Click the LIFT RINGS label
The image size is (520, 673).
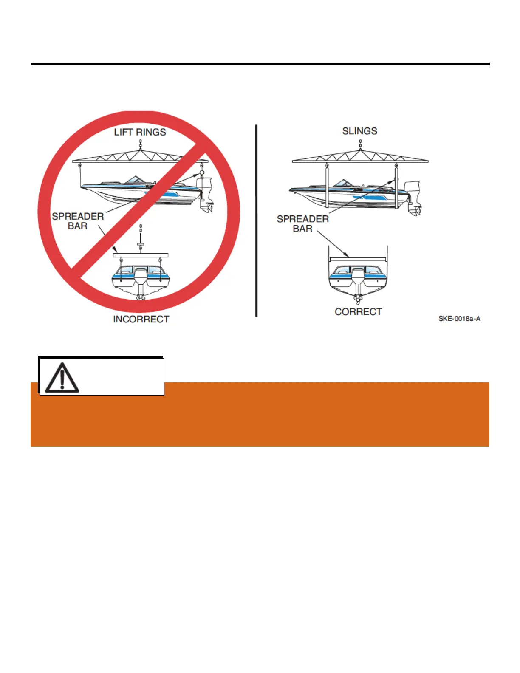pos(140,132)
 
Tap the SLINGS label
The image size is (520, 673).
pos(359,131)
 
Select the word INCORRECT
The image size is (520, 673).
pos(141,319)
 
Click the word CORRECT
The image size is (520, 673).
pos(358,311)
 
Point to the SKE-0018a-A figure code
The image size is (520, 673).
pos(459,318)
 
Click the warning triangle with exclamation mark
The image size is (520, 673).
pos(62,377)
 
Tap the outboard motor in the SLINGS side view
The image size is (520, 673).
pos(413,197)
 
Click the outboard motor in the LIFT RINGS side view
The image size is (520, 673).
pos(206,194)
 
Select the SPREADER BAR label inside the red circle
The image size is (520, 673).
pos(78,221)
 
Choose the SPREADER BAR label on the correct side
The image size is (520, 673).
pos(302,223)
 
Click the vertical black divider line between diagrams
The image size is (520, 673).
pos(256,221)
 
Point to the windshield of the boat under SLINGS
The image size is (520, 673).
pos(342,183)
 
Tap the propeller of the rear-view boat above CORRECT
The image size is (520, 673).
pos(358,299)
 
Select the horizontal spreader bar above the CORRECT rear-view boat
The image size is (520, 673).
pos(358,258)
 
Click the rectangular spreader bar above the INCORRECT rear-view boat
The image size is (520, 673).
pos(141,255)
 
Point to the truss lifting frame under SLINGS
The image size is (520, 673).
pos(360,157)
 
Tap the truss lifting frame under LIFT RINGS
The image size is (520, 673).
pos(140,157)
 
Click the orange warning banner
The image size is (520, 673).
pos(297,414)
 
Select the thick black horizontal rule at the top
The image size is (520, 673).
pos(260,64)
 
